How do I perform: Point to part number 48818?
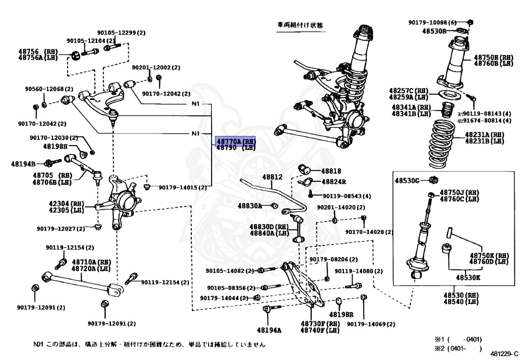(x=331, y=171)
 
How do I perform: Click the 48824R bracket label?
(x=333, y=182)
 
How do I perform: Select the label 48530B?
(x=434, y=31)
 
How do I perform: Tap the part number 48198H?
(x=55, y=146)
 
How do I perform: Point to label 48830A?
(x=250, y=206)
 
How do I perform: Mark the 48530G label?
(x=408, y=180)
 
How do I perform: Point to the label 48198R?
(x=341, y=314)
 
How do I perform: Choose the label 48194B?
(x=23, y=164)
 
